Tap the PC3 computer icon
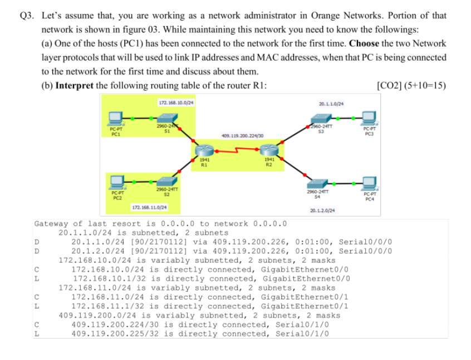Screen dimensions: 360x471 coord(369,118)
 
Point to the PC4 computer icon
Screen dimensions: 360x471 coord(369,182)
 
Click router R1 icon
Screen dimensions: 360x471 coord(205,151)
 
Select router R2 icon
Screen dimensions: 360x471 coord(268,151)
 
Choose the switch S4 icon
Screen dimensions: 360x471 coord(316,183)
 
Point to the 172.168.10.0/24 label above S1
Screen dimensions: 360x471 coord(176,103)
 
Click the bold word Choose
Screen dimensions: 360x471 coord(365,43)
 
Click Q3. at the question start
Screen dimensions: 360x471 coord(26,15)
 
